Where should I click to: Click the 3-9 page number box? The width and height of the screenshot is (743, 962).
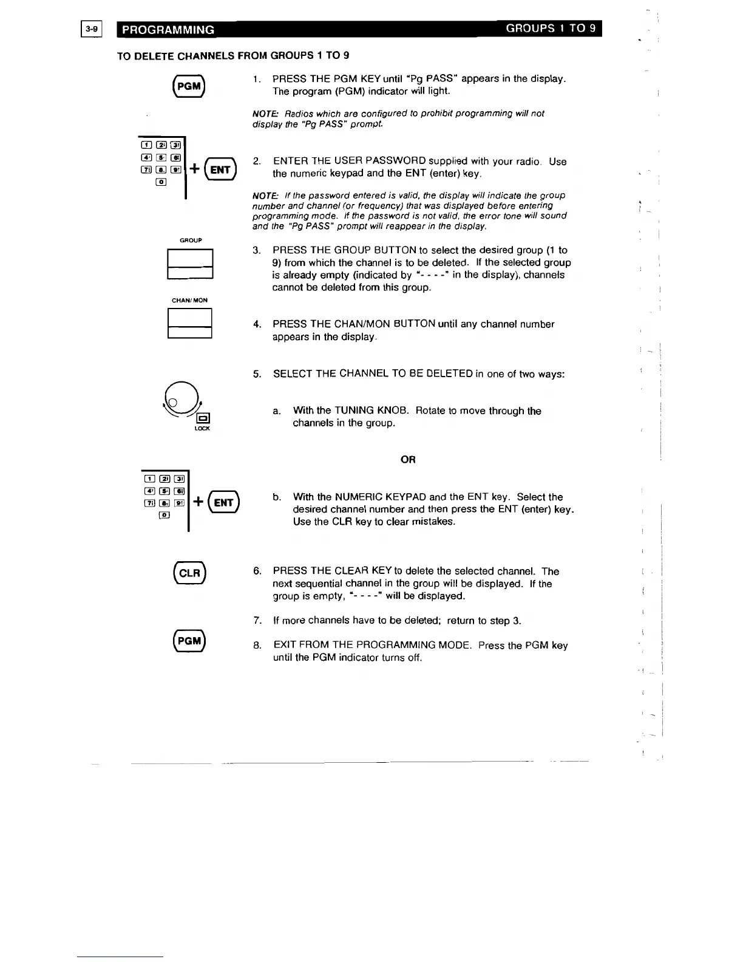[92, 29]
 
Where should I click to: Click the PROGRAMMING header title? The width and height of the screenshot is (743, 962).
[168, 30]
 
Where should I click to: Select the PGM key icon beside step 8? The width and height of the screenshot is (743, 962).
[189, 641]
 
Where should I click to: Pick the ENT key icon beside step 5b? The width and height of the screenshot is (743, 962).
[223, 502]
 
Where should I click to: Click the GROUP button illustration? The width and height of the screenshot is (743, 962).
[190, 264]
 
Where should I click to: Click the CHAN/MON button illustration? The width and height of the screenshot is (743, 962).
[190, 323]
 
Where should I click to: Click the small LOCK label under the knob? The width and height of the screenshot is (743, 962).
[202, 429]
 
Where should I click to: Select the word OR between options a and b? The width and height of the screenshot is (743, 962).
[408, 460]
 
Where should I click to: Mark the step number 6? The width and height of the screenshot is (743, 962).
[257, 571]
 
